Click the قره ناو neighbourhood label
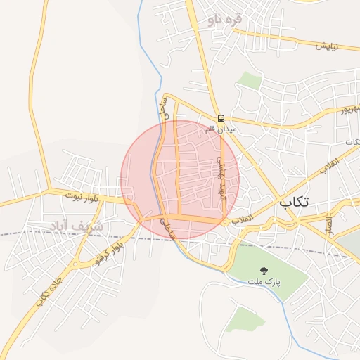(x=224, y=20)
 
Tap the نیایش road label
(x=326, y=46)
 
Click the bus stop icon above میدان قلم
(x=221, y=118)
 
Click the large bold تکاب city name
(x=294, y=202)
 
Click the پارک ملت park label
(x=264, y=281)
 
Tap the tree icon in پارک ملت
(x=264, y=270)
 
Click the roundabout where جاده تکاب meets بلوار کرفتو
(x=75, y=265)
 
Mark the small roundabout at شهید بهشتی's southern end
(x=224, y=221)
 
